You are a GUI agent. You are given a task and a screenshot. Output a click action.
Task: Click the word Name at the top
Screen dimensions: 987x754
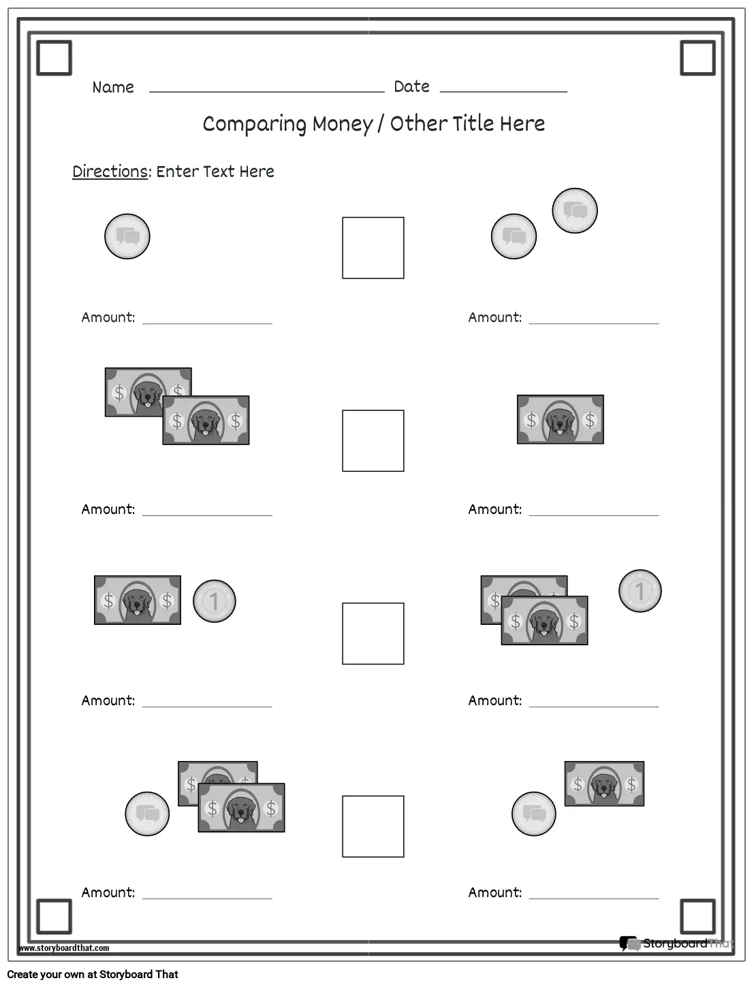pos(113,87)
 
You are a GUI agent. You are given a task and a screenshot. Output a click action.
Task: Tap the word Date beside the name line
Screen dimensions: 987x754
pos(411,86)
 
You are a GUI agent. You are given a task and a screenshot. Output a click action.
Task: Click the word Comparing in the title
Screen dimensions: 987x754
pos(255,124)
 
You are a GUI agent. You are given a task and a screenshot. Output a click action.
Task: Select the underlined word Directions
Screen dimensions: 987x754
pos(110,172)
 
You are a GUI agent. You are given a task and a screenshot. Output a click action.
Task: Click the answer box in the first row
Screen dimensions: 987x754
pos(373,248)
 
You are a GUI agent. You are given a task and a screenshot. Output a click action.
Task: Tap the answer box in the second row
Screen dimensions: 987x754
pos(373,440)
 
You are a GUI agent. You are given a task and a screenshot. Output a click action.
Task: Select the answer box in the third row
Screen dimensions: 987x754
pos(373,633)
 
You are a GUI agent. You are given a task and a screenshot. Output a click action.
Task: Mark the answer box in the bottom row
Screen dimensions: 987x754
pos(373,826)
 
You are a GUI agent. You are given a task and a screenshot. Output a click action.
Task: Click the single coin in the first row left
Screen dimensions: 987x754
pos(127,236)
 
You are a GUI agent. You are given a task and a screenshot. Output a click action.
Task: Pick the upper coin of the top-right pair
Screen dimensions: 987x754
pos(574,211)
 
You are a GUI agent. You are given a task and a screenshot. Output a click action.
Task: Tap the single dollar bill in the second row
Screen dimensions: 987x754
pos(560,419)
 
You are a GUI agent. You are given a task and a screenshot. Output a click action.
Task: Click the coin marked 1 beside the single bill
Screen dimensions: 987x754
pos(214,601)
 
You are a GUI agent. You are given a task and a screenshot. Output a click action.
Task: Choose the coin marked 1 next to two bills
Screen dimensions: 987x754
pos(640,590)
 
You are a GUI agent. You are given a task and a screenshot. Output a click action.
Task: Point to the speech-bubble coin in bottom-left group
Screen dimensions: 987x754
pos(147,813)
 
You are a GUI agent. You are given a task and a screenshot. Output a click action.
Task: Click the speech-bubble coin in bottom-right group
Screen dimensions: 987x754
pos(533,813)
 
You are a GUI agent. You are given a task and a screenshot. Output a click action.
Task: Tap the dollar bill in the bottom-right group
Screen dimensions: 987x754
pos(604,783)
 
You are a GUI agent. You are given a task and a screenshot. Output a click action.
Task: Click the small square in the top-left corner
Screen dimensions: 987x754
pos(54,57)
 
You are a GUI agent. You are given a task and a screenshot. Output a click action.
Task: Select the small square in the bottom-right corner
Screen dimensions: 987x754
pos(697,916)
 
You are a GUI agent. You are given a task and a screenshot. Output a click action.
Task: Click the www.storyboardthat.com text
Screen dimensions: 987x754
pos(64,948)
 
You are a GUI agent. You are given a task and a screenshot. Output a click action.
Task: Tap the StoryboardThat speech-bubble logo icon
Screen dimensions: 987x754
pos(628,943)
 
